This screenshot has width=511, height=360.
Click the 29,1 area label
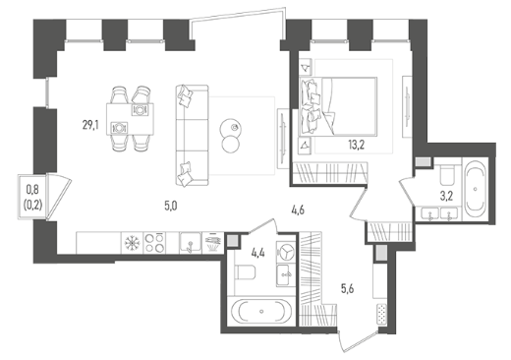(90, 125)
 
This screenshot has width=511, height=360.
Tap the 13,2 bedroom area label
(357, 145)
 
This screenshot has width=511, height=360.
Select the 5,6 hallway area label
(347, 289)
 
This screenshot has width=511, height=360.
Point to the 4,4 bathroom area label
(258, 253)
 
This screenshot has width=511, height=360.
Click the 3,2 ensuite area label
(446, 196)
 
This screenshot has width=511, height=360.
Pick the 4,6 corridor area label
(298, 210)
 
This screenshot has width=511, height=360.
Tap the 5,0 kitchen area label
(171, 207)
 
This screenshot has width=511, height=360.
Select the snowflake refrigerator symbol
(133, 243)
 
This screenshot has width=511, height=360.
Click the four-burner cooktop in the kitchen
(154, 243)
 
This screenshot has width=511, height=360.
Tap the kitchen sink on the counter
(191, 243)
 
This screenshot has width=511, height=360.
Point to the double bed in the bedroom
(338, 106)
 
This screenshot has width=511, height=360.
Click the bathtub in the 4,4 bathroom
(261, 311)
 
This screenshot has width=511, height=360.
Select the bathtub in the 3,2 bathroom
(476, 189)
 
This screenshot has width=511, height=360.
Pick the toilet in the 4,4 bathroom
(246, 271)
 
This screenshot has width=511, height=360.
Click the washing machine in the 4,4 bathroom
(286, 252)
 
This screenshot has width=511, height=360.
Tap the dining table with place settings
(130, 119)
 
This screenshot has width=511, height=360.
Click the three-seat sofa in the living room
(192, 136)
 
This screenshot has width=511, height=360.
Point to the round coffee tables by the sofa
(230, 135)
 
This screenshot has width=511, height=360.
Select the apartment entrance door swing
(358, 341)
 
